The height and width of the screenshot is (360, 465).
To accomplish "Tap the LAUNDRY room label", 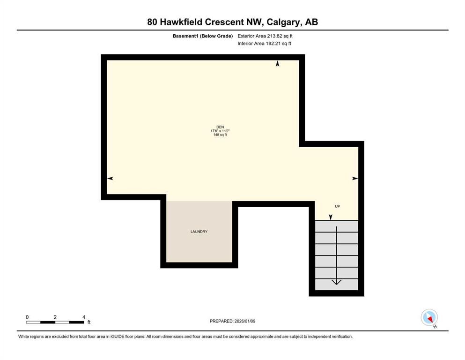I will (199, 232).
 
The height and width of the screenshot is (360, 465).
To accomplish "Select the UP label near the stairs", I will (337, 206).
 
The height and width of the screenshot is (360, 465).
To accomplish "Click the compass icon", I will (429, 318).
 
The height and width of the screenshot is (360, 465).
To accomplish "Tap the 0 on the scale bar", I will (27, 317).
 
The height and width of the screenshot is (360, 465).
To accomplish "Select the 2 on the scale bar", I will (55, 317).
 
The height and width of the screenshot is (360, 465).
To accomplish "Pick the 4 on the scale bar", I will (83, 317).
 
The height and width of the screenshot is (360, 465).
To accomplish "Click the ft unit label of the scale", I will (89, 322).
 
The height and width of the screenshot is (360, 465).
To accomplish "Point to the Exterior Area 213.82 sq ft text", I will (265, 36).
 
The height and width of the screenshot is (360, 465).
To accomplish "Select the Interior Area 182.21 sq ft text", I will (264, 44).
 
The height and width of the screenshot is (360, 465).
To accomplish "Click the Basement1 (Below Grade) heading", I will (202, 36).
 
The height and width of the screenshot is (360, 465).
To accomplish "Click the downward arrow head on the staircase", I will (336, 282).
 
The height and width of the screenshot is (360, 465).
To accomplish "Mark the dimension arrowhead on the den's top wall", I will (278, 64).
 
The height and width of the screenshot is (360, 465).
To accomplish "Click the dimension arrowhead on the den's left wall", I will (110, 178).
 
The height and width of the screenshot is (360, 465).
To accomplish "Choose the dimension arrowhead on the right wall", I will (355, 178).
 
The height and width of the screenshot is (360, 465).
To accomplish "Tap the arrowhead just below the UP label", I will (331, 217).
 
